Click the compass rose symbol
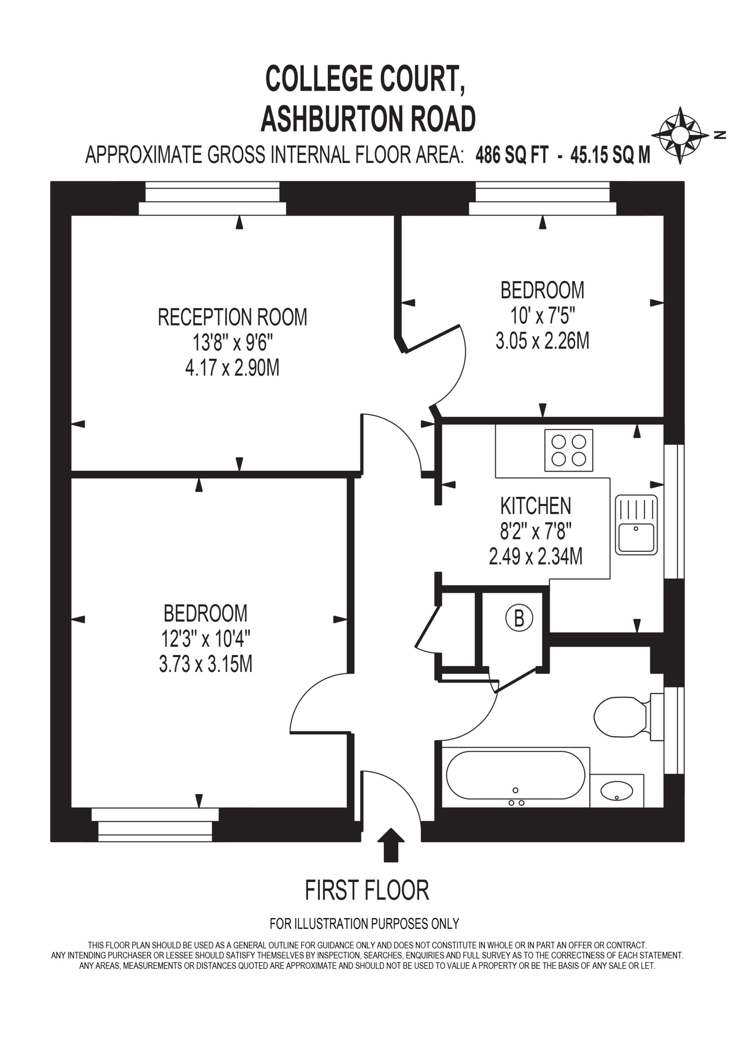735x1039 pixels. pyautogui.click(x=679, y=135)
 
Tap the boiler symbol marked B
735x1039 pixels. pyautogui.click(x=519, y=618)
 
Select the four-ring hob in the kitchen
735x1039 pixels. pyautogui.click(x=569, y=450)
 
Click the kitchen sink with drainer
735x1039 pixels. pyautogui.click(x=636, y=525)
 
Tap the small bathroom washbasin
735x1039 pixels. pyautogui.click(x=617, y=791)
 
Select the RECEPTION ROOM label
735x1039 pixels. pyautogui.click(x=232, y=317)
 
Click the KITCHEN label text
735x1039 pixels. pyautogui.click(x=536, y=506)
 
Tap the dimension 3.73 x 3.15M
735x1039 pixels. pyautogui.click(x=205, y=664)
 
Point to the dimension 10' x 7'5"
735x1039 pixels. pyautogui.click(x=543, y=315)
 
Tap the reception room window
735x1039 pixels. pyautogui.click(x=212, y=198)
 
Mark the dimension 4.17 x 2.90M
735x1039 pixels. pyautogui.click(x=232, y=368)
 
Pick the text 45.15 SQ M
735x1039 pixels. pyautogui.click(x=610, y=155)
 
